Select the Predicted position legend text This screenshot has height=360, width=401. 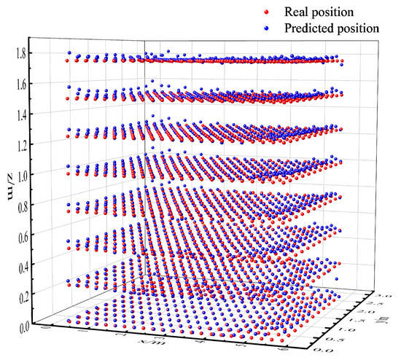pos(335,28)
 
